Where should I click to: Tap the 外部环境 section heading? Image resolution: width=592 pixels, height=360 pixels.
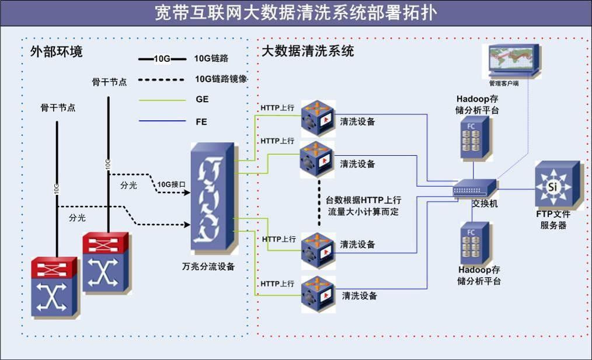click(x=56, y=51)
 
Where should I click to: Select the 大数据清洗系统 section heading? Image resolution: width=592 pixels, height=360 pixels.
click(x=307, y=51)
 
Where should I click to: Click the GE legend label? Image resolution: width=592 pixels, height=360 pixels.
click(x=202, y=100)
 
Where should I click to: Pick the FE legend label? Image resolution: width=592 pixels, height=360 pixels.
click(x=201, y=122)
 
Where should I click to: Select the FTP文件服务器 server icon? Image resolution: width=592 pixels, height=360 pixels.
click(x=557, y=185)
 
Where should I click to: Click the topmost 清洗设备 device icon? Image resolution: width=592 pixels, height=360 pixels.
click(x=318, y=117)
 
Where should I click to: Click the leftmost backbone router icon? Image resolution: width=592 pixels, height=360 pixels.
click(x=54, y=286)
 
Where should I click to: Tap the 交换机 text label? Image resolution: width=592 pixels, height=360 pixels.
click(x=485, y=204)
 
